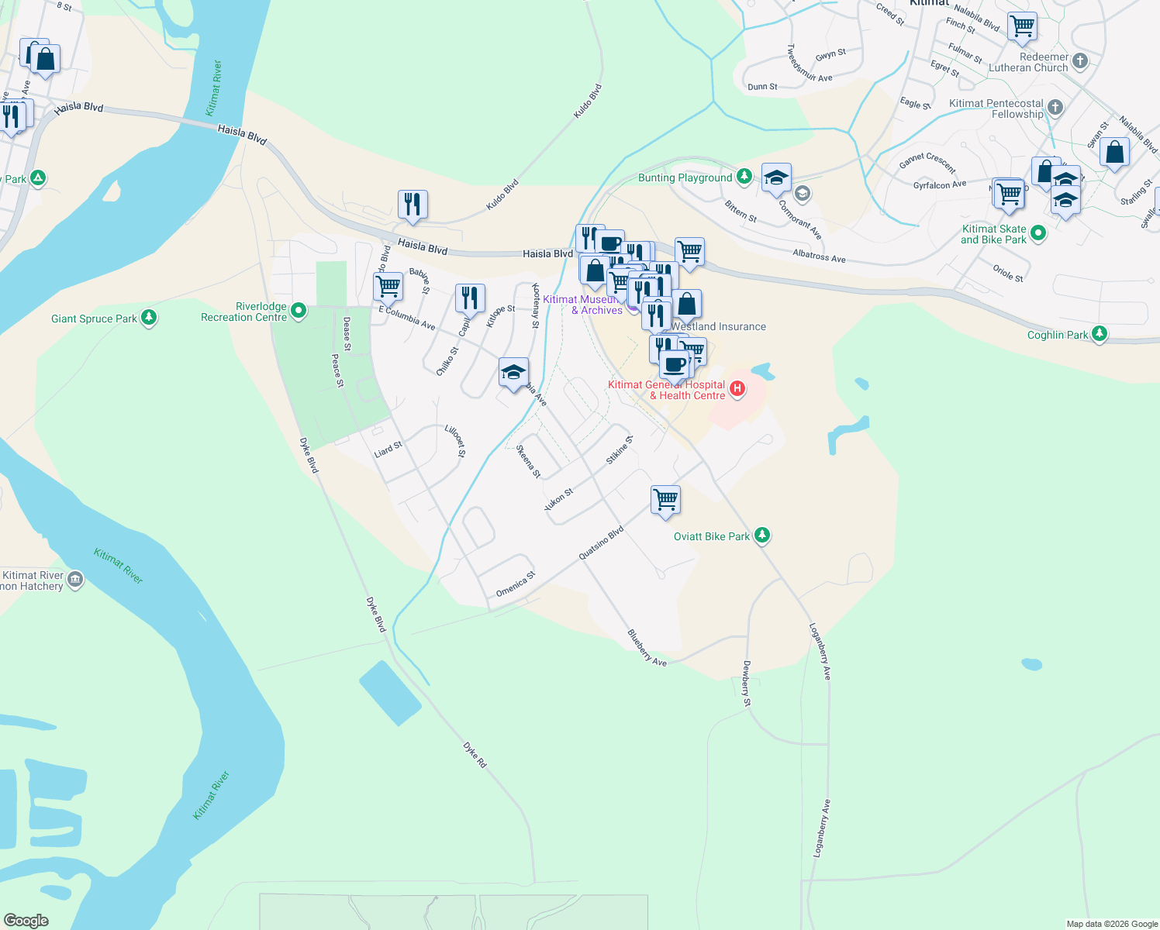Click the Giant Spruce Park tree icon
(x=149, y=317)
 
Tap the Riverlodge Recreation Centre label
(x=243, y=312)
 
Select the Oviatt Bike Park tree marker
(x=762, y=535)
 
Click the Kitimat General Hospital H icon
(x=737, y=388)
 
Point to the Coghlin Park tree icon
(x=1099, y=333)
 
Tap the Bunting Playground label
(x=685, y=177)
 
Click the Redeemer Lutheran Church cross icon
(x=1080, y=60)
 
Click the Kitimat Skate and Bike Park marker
(x=1038, y=232)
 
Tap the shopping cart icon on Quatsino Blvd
(x=665, y=499)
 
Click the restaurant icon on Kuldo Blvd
(x=413, y=205)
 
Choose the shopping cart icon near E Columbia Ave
(x=388, y=286)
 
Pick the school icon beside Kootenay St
(x=513, y=373)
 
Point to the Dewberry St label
(x=747, y=684)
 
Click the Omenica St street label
(x=516, y=584)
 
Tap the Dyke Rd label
(x=475, y=755)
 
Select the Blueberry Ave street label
(x=647, y=648)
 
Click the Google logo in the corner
(x=26, y=921)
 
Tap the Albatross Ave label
(x=819, y=256)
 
